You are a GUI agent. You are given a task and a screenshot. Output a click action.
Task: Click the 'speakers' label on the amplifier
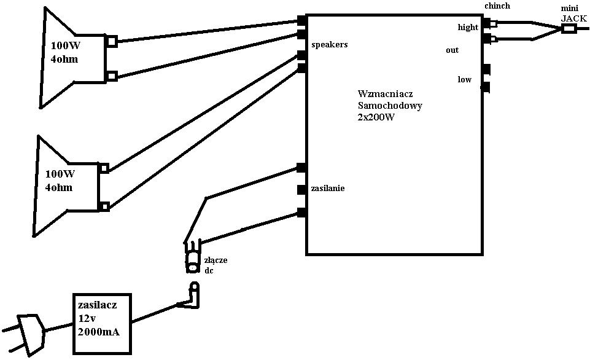point(330,45)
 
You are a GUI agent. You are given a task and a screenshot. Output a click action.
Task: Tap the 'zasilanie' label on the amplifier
point(328,188)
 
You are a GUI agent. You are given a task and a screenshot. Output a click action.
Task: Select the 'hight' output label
point(468,28)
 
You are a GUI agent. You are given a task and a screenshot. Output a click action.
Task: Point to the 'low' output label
point(464,80)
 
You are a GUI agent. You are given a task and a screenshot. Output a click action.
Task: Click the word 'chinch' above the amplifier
point(497,6)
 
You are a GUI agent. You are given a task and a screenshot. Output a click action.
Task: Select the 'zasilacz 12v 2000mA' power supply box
point(102,323)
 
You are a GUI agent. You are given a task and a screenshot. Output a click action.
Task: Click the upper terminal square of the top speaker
point(112,42)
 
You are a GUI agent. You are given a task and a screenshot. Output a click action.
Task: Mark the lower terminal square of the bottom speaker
point(104,206)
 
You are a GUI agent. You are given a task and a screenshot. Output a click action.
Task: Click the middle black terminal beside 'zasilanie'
point(301,189)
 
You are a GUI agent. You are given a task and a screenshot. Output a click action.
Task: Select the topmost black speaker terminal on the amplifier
point(301,20)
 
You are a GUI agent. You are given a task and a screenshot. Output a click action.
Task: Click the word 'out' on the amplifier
point(452,50)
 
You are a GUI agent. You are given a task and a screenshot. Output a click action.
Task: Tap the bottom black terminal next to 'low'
point(486,87)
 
